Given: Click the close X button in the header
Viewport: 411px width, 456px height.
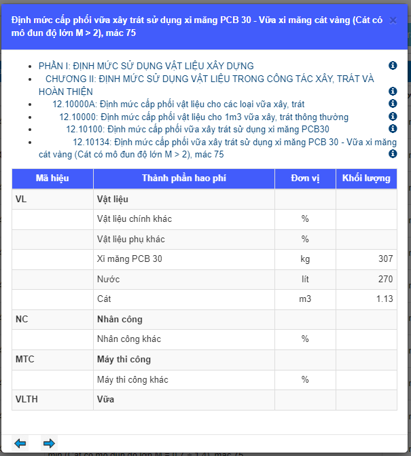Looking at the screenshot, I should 393,21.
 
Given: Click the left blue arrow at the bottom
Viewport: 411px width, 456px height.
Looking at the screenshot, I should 20,443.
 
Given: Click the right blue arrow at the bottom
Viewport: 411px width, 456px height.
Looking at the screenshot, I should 49,443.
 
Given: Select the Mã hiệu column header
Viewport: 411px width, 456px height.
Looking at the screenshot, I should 52,178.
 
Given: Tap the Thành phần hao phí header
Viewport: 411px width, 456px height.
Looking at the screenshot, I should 183,178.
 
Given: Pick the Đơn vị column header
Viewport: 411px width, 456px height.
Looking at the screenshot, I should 305,178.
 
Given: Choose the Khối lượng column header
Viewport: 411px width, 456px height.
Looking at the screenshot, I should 366,178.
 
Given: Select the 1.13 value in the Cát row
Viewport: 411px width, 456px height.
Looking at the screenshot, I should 384,299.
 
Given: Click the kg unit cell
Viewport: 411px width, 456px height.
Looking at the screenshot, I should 305,259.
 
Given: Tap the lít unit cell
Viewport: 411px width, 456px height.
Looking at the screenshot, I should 305,279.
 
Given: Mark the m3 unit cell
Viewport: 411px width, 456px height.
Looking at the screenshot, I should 305,299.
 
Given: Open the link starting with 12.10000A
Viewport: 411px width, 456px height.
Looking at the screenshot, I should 178,104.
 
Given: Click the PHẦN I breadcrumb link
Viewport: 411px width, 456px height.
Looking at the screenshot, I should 146,66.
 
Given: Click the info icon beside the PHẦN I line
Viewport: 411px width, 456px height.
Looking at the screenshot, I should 392,66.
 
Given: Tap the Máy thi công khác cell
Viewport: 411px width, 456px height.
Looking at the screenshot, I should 132,379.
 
